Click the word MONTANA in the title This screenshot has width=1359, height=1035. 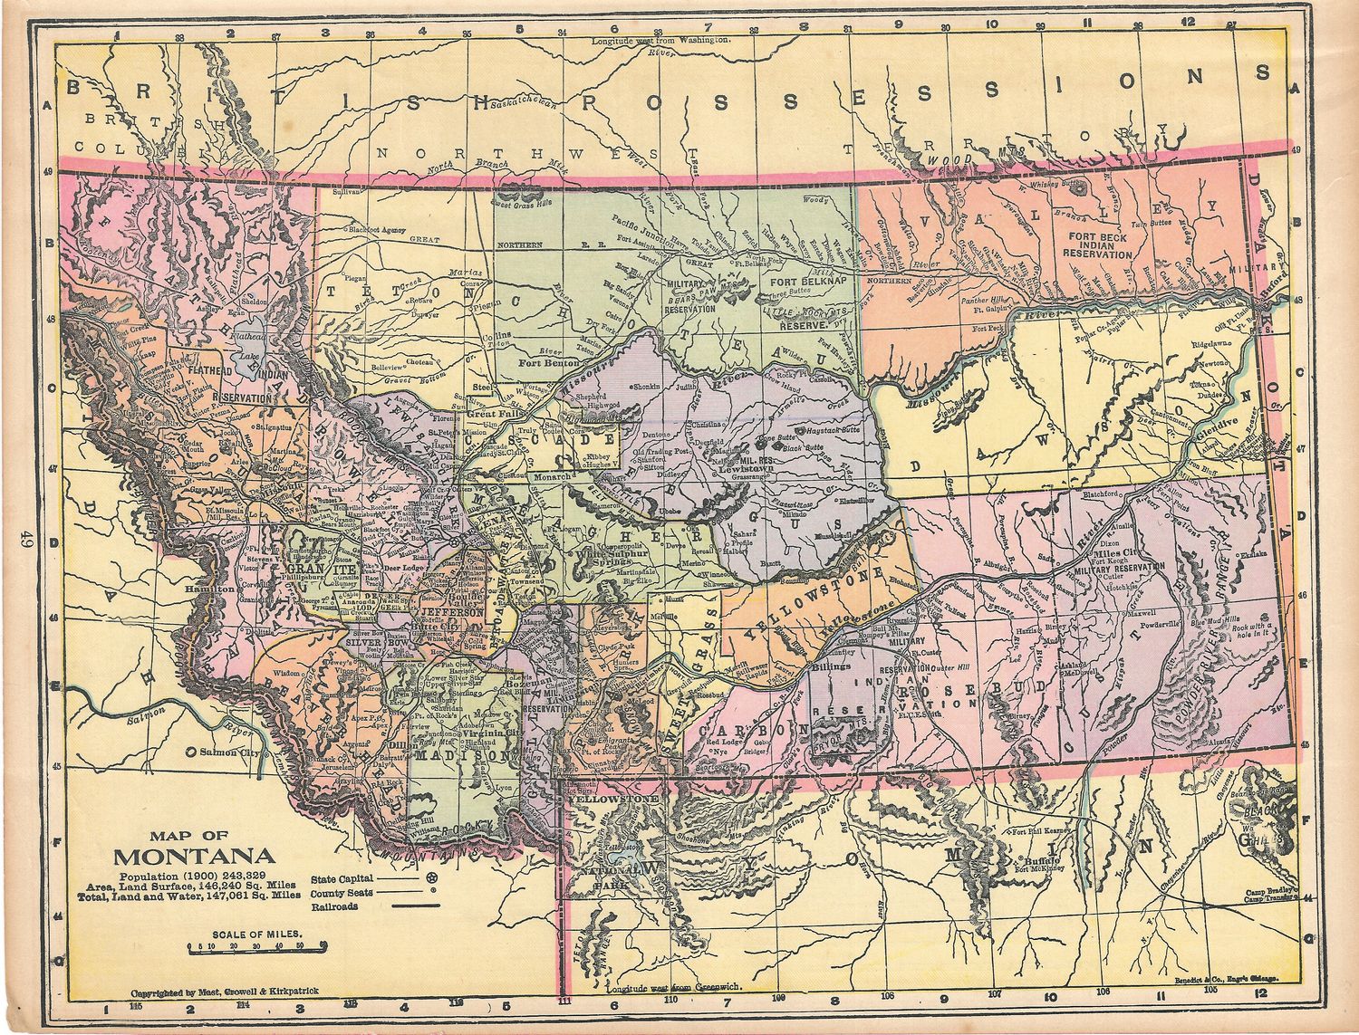click(195, 856)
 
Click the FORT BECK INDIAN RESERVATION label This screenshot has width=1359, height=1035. click(1100, 247)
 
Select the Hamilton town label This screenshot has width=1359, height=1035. click(208, 588)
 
